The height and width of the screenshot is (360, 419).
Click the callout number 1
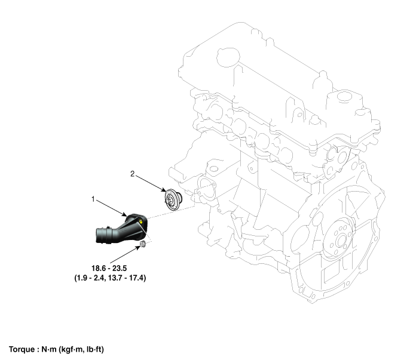[x=93, y=199]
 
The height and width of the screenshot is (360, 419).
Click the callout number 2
[x=133, y=174]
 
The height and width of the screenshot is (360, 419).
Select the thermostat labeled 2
[x=173, y=199]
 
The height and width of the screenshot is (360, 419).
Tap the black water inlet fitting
[x=121, y=229]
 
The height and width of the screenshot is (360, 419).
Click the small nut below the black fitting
[x=143, y=244]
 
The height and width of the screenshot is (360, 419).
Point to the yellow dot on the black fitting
[x=140, y=221]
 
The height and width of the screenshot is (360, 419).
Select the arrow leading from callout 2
[x=151, y=183]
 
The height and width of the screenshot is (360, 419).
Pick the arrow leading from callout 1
[x=111, y=208]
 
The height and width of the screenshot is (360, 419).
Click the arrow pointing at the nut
[x=125, y=254]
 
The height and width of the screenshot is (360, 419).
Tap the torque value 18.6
[x=98, y=268]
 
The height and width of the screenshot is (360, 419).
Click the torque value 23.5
[x=120, y=268]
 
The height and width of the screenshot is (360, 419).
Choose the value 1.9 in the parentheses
[x=82, y=278]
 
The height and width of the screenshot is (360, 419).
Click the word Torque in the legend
[x=22, y=349]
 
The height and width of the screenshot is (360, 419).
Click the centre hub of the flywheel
[x=341, y=241]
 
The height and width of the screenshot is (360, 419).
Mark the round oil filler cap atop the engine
[x=228, y=57]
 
